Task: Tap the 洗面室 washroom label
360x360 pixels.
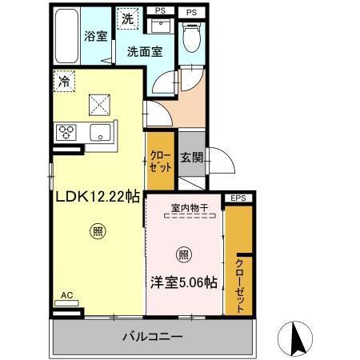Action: [x=143, y=54]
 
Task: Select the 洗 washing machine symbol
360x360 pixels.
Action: [x=127, y=18]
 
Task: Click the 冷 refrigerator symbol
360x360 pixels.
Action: [x=63, y=80]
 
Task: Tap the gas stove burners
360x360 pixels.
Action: [x=66, y=133]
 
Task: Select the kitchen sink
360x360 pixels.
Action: [x=100, y=132]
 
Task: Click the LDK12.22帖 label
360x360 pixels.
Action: [x=98, y=195]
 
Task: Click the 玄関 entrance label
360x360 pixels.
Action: [x=190, y=158]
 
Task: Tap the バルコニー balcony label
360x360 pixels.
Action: [x=153, y=336]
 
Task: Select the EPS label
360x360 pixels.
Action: [x=238, y=198]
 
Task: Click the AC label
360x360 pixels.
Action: [x=67, y=295]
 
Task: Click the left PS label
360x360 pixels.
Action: [x=161, y=12]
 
